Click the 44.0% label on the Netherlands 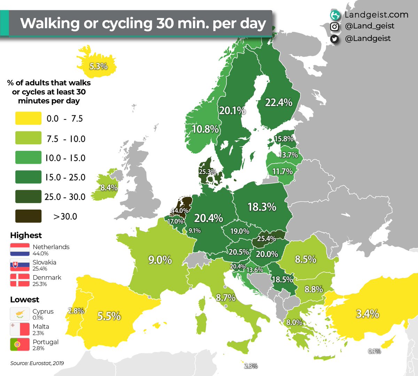(180, 210)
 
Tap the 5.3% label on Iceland (98, 66)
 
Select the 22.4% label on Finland (278, 102)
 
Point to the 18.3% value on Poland (262, 207)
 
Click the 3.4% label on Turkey (367, 314)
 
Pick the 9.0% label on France (160, 260)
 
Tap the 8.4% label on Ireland (109, 187)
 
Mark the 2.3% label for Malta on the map (250, 366)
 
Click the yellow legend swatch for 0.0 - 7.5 (28, 118)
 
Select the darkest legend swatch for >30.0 (28, 216)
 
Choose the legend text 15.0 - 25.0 (65, 177)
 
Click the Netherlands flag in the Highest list (20, 250)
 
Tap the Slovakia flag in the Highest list (20, 265)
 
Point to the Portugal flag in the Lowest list (20, 345)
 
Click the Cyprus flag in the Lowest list (20, 314)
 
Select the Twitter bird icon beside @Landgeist (334, 39)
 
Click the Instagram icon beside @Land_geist (334, 26)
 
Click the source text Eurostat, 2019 (37, 363)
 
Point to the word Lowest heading (24, 300)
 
